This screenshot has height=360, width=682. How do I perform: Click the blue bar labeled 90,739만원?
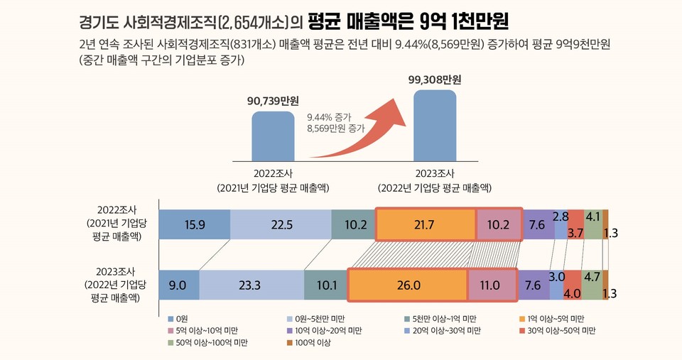coord(273,136)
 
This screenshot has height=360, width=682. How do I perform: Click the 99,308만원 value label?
coord(435,79)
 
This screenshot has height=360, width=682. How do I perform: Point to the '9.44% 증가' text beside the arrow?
coord(329,116)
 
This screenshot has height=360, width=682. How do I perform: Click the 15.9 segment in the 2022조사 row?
coord(194,225)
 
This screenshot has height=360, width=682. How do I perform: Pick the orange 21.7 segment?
coord(425,225)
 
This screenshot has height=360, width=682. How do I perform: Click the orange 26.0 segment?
coord(408,285)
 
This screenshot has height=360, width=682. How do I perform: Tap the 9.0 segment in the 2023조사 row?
coord(178,285)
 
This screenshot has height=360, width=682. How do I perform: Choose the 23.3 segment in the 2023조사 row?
coord(251,285)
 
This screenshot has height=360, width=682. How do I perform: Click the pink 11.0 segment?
coord(490,285)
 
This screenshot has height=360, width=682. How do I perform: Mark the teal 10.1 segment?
coord(325,285)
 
